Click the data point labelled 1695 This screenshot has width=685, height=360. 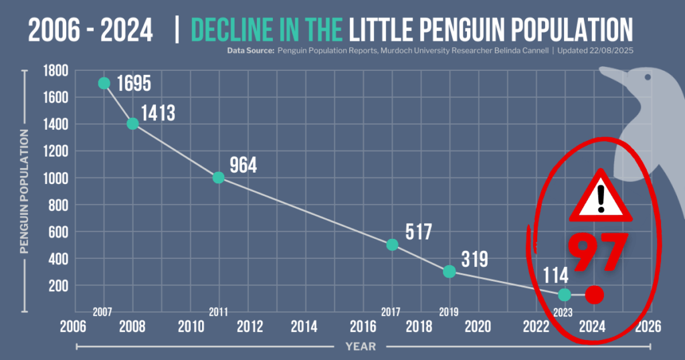click(x=104, y=83)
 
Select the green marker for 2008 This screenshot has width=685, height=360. click(x=132, y=124)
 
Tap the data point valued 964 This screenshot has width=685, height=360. click(x=218, y=177)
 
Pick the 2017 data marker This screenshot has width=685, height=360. click(x=393, y=245)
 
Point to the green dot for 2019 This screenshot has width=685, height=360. click(x=450, y=271)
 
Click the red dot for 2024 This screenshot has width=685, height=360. click(x=594, y=294)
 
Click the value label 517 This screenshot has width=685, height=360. click(x=419, y=232)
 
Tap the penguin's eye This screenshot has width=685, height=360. click(x=647, y=78)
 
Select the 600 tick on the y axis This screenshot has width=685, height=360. click(x=57, y=232)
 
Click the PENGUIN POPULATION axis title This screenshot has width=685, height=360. click(x=24, y=191)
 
